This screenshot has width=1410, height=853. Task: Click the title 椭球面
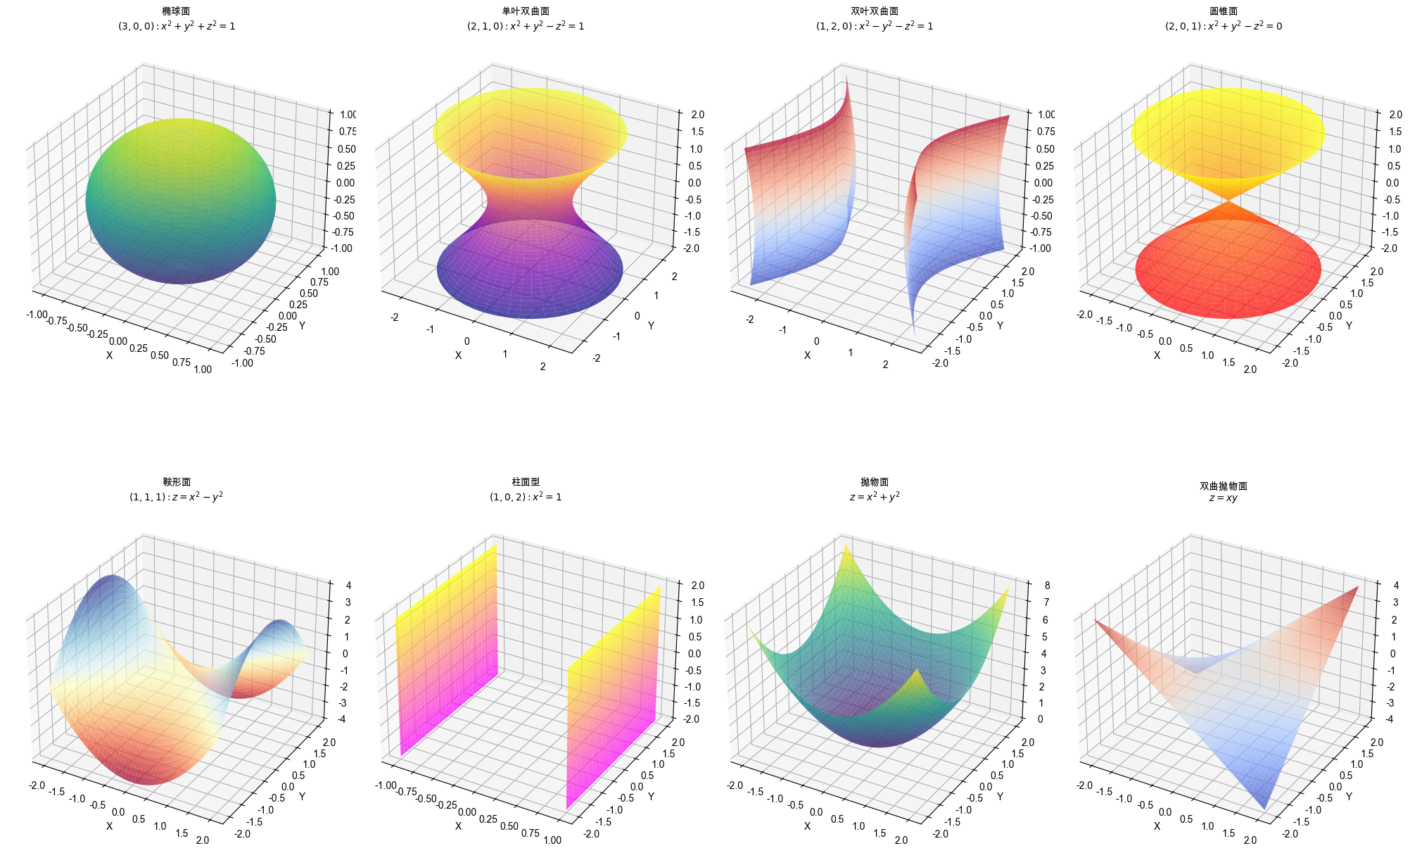pyautogui.click(x=176, y=11)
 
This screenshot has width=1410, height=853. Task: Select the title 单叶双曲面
pyautogui.click(x=526, y=11)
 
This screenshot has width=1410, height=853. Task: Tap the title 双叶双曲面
pyautogui.click(x=875, y=11)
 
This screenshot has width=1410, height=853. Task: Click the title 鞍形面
pyautogui.click(x=177, y=482)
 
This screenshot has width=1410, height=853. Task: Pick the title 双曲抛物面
pyautogui.click(x=1224, y=486)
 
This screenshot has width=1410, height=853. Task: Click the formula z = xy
pyautogui.click(x=1224, y=498)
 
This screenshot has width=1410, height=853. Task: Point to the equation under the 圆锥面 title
pyautogui.click(x=1224, y=26)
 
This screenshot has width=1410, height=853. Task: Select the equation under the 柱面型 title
pyautogui.click(x=526, y=497)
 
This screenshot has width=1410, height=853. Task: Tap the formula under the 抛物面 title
pyautogui.click(x=875, y=497)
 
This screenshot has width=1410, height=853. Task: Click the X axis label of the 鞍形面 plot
pyautogui.click(x=109, y=826)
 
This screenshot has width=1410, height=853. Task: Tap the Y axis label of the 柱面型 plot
pyautogui.click(x=651, y=797)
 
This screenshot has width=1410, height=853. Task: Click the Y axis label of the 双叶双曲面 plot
pyautogui.click(x=1000, y=326)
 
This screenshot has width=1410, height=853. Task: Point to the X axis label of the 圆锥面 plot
pyautogui.click(x=1157, y=355)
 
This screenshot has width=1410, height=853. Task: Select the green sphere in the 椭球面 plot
pyautogui.click(x=181, y=201)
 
